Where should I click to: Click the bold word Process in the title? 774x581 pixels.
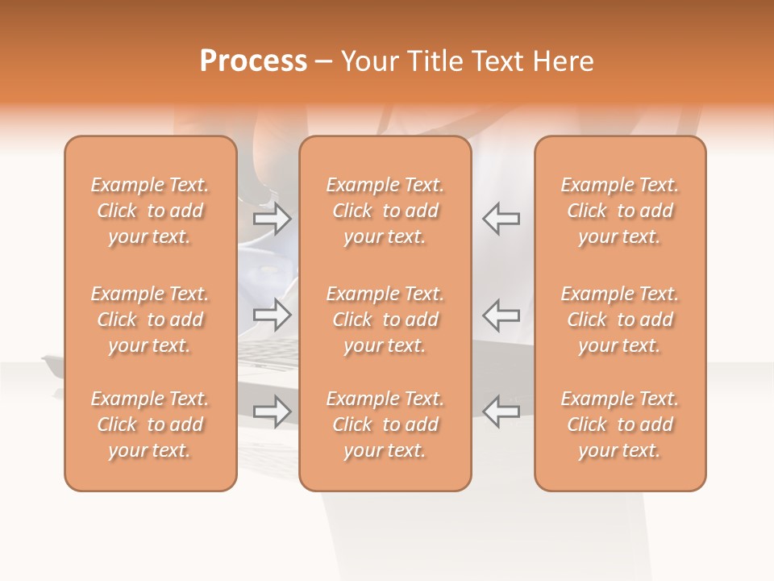[x=253, y=61]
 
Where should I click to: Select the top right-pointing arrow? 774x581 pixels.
[x=273, y=219]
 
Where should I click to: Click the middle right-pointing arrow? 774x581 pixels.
[x=273, y=315]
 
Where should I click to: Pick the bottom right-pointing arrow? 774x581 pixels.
[x=273, y=412]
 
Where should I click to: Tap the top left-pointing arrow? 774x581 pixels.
[x=501, y=219]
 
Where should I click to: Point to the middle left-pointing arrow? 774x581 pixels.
[x=501, y=315]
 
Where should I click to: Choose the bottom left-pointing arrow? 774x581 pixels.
[x=501, y=412]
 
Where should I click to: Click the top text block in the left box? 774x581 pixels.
[x=150, y=211]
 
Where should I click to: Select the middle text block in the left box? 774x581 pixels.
[x=150, y=320]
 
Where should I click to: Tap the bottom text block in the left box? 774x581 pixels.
[x=150, y=424]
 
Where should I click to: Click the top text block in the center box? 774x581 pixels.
[x=385, y=211]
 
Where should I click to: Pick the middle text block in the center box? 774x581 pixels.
[x=385, y=320]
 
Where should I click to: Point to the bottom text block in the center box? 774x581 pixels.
[x=385, y=424]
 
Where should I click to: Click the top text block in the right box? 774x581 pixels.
[x=620, y=211]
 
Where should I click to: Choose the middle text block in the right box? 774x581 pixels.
[x=620, y=320]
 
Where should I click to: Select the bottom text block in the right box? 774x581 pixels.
[x=620, y=424]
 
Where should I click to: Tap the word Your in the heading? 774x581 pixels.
[x=370, y=61]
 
